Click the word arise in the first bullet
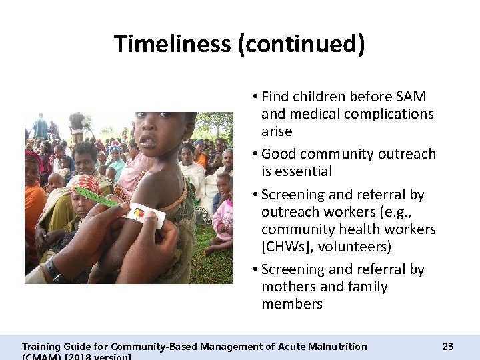point(277,131)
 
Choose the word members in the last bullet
point(292,304)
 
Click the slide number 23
point(447,346)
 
